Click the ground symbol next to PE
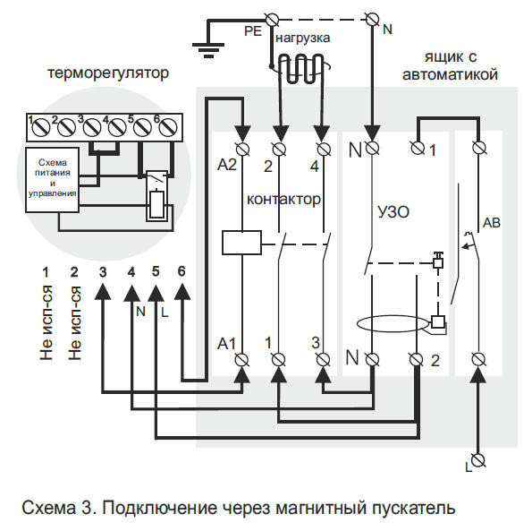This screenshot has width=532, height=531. click(211, 46)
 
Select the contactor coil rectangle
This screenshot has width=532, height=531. click(241, 239)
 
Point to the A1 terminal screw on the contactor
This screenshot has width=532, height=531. click(241, 359)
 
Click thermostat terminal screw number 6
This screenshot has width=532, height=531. click(165, 128)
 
